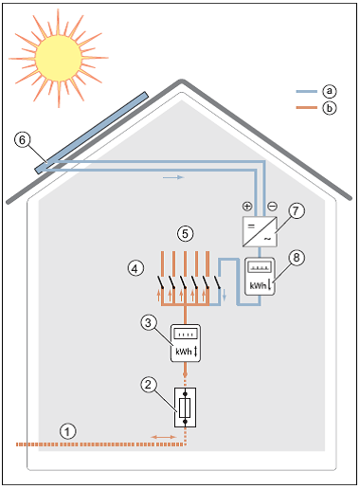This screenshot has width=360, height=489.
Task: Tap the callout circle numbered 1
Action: [66, 427]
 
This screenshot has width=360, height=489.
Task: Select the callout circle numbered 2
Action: [147, 385]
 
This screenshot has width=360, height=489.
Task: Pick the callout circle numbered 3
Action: [147, 324]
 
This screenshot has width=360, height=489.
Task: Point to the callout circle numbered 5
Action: [187, 230]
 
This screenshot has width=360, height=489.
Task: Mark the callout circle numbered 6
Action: [24, 140]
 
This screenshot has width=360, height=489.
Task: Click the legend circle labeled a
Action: [329, 91]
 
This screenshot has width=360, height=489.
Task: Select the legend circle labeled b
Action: [329, 109]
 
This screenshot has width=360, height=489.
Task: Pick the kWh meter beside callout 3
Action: [185, 342]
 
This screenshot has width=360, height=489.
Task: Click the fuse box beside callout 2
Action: [186, 408]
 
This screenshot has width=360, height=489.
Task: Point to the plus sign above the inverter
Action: [247, 206]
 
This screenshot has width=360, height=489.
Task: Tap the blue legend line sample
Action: [304, 91]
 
